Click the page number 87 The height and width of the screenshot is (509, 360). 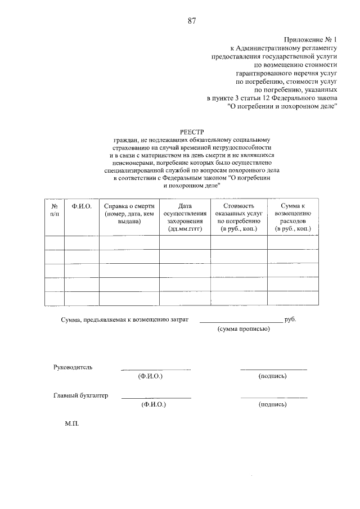[191, 21]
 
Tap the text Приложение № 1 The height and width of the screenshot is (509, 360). [310, 40]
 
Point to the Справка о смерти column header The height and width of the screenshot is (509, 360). [129, 214]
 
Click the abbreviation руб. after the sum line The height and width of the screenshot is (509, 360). [290, 319]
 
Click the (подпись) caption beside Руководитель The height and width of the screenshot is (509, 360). [273, 376]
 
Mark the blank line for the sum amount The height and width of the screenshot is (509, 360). [241, 321]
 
